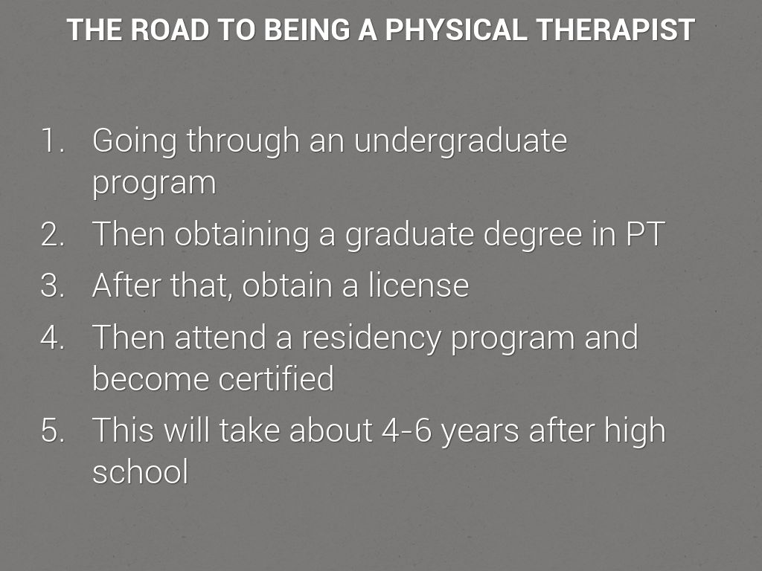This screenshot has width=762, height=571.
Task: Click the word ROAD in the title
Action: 170,30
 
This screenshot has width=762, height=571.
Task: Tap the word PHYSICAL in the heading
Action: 456,30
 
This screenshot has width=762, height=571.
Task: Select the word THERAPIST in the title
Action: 615,30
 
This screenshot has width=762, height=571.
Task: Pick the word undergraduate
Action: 461,142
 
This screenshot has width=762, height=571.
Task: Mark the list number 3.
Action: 53,285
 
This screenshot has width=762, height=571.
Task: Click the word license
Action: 418,285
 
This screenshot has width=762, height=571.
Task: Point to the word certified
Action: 277,378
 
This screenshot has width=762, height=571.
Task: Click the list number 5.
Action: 53,430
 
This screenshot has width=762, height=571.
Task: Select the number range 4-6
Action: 407,430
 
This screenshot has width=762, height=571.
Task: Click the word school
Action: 141,471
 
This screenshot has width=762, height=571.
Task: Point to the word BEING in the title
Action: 307,30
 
